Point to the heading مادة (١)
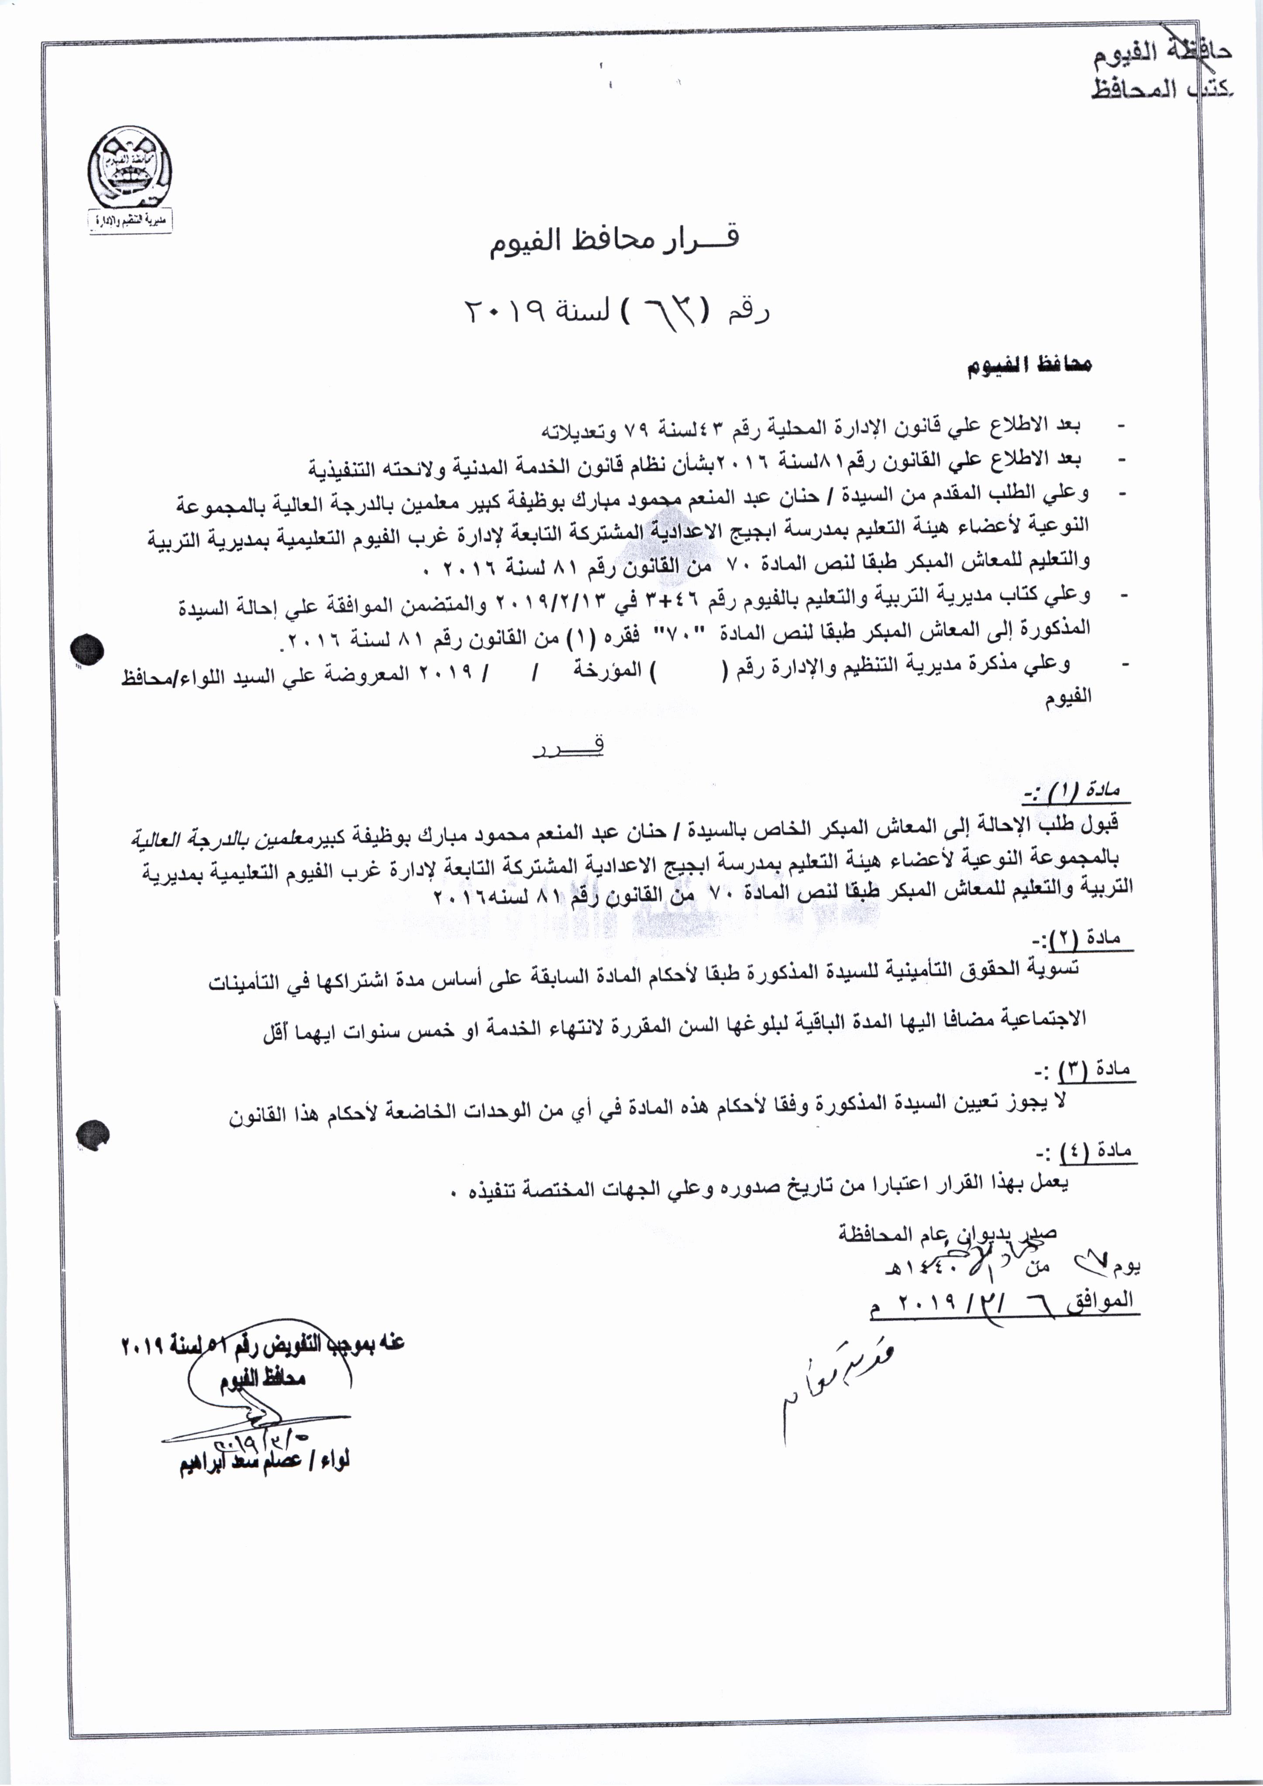click(1076, 791)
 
